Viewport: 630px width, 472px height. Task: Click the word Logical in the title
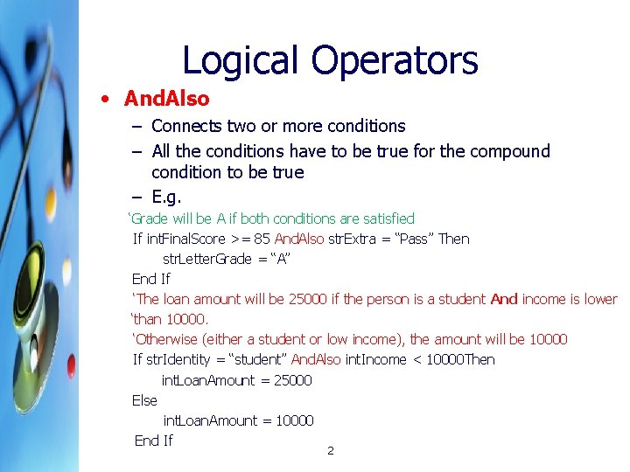[231, 60]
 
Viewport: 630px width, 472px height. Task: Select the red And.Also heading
[167, 99]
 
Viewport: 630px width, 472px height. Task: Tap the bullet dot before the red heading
[104, 100]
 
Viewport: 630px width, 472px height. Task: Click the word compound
[509, 151]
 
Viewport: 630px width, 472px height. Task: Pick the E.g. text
[166, 196]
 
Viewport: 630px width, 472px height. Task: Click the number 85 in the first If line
[262, 239]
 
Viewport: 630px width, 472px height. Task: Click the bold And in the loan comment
[504, 299]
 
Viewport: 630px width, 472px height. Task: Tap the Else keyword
[144, 400]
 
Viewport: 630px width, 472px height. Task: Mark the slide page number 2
[330, 451]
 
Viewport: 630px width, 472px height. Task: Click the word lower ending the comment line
[600, 299]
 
